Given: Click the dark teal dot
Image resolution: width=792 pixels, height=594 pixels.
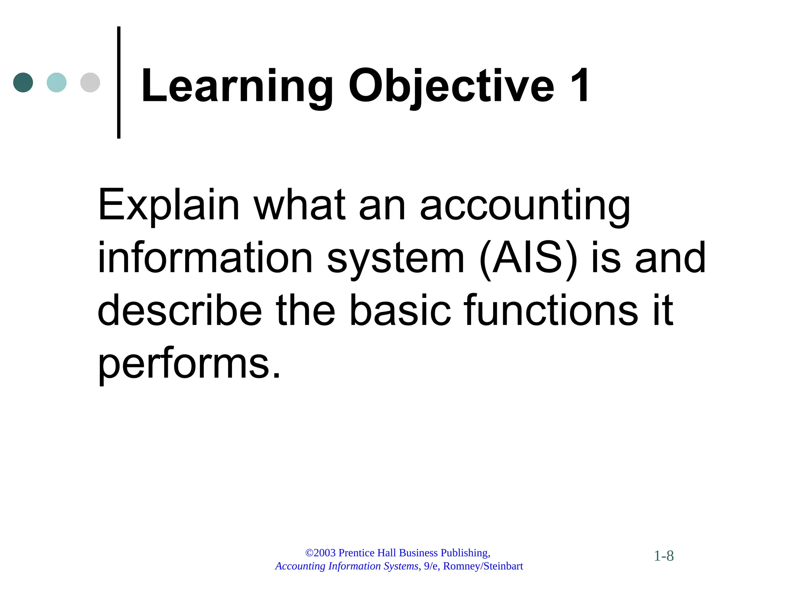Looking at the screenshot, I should point(23,82).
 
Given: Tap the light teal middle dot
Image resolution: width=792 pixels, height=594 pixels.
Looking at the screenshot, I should point(56,82).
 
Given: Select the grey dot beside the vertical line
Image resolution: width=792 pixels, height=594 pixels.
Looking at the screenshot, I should point(90,82).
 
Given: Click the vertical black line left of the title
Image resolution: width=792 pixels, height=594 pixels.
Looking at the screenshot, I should point(119,82).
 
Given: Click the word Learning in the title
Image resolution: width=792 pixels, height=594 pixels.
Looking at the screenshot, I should point(237,86).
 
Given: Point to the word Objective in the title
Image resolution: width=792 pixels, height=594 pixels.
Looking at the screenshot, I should point(451,86).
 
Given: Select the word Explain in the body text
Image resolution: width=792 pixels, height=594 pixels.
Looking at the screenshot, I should point(169,205).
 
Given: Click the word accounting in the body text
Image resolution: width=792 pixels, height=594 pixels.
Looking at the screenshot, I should point(525,205).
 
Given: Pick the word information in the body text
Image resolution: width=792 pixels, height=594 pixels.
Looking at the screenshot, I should point(205,258).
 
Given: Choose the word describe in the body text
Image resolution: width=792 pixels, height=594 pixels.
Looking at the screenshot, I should point(179,310).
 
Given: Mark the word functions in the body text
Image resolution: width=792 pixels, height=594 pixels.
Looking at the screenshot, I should point(551,310).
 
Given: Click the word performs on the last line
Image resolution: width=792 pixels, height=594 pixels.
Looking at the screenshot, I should point(189,364).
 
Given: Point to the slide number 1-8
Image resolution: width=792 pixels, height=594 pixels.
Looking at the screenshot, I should point(664,556).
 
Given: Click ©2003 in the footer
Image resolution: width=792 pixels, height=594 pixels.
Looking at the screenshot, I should point(320,553).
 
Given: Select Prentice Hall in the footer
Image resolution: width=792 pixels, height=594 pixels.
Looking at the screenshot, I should point(367,553).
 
